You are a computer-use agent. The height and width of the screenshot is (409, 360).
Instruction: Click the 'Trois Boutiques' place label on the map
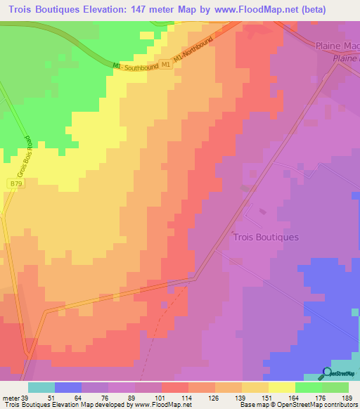(265, 237)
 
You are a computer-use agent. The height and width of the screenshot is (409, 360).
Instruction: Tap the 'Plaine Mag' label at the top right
(336, 46)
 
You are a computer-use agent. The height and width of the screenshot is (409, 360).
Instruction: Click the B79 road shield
(15, 183)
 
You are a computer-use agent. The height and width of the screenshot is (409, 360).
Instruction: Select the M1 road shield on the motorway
(165, 65)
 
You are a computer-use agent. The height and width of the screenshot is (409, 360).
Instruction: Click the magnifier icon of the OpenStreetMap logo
(328, 372)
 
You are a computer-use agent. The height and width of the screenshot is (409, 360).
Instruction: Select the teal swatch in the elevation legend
(41, 387)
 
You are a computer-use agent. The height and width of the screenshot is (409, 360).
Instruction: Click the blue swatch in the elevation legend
(68, 387)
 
